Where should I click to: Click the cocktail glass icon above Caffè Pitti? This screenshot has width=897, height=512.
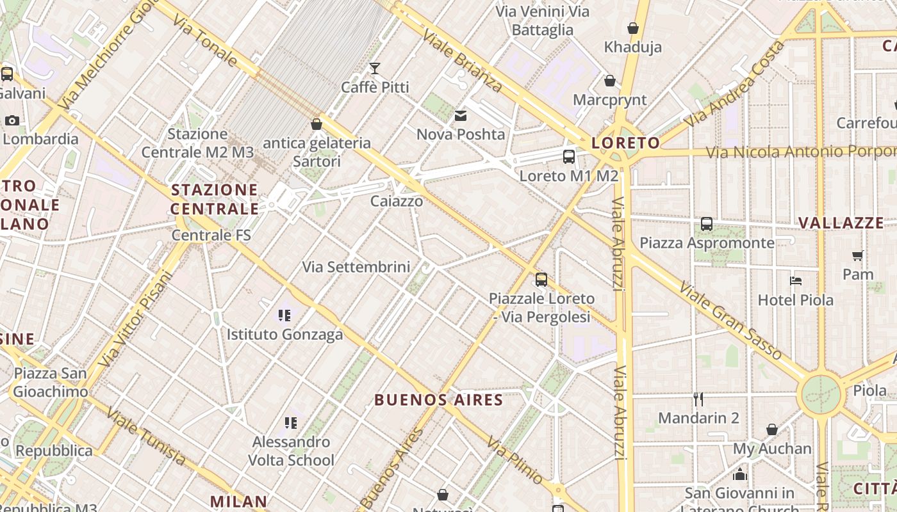pos(375,68)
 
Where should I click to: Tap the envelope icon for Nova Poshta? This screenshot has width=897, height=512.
pos(460,116)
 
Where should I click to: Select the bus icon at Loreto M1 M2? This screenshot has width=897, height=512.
pos(568,157)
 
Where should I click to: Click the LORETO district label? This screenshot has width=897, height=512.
pos(625,143)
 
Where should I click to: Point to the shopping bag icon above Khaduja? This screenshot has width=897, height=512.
pos(633,28)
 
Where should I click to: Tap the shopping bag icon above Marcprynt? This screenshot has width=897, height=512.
pos(610,81)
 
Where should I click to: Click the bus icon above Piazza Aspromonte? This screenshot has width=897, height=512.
pos(707,224)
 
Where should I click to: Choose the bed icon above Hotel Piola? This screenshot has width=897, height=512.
pos(795,280)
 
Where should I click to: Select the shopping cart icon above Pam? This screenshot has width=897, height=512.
pos(858,255)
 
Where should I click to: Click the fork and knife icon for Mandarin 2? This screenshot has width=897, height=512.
pos(698,399)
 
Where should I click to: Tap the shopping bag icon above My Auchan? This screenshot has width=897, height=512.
pos(772,429)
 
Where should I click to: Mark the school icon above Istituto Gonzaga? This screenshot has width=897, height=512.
pos(284,315)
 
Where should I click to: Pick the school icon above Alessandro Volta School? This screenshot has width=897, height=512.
pos(291,422)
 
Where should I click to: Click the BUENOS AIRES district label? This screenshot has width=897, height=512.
pos(438,401)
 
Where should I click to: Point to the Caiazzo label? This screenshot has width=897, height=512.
pos(397,202)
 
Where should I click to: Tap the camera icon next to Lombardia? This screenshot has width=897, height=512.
pos(12,120)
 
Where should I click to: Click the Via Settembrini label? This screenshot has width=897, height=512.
pos(356,267)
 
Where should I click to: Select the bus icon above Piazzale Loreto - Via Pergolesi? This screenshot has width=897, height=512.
pos(541,279)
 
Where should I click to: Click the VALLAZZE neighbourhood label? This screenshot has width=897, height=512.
pos(841,223)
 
